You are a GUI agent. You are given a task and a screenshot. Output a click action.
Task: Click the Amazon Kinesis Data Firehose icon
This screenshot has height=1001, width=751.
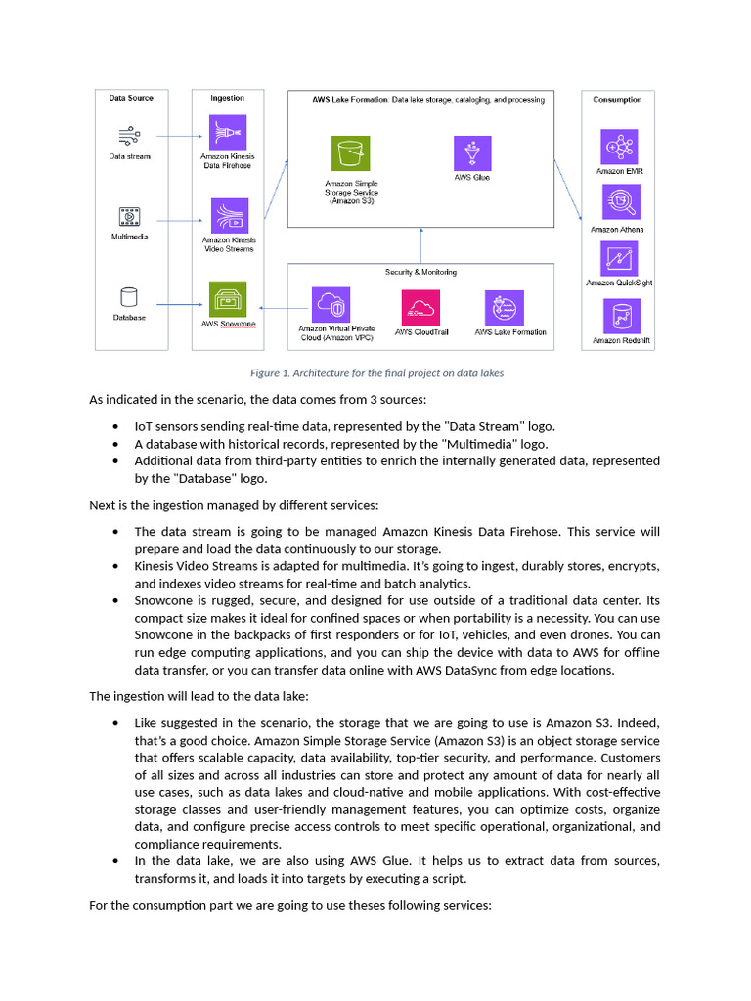(x=228, y=131)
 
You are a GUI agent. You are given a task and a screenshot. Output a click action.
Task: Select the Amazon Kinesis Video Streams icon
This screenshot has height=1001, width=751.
(x=229, y=216)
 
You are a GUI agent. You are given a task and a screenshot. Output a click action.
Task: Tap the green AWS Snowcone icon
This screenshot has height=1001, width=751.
(x=228, y=299)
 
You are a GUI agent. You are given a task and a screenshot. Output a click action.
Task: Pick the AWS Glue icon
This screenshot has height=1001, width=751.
(x=472, y=153)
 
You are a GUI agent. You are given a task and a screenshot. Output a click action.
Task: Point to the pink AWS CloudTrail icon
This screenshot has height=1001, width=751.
(x=420, y=307)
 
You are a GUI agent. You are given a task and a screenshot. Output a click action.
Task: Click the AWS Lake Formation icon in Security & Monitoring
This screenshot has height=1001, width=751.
(x=505, y=307)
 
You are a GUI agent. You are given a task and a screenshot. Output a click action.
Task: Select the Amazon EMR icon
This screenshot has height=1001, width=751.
(x=619, y=147)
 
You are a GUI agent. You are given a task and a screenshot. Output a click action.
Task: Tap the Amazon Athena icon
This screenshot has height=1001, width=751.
(x=618, y=203)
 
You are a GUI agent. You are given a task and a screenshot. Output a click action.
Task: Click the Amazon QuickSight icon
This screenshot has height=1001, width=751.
(x=619, y=258)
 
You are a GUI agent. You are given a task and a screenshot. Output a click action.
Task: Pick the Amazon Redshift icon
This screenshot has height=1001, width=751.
(x=619, y=316)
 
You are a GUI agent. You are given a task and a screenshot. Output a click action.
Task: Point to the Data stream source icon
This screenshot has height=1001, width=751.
(x=129, y=136)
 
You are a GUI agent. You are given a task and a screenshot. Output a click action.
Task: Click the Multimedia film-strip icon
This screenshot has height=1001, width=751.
(x=129, y=216)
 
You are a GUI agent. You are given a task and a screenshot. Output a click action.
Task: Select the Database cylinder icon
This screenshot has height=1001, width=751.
(x=129, y=297)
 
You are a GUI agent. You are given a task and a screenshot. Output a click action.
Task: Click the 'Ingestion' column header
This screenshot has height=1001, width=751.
(x=228, y=98)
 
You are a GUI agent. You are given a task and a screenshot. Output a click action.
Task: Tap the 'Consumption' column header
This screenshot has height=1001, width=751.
(x=618, y=99)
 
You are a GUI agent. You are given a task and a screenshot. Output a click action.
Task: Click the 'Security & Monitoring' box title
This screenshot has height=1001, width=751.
(x=420, y=272)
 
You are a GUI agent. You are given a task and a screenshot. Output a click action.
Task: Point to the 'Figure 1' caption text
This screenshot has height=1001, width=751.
(x=376, y=373)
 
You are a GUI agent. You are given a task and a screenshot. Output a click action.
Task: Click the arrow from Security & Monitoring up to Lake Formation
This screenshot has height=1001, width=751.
(x=420, y=245)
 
